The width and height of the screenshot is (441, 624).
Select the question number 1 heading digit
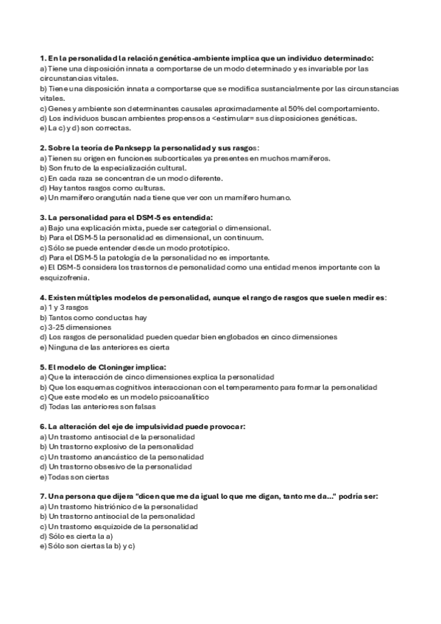coord(41,57)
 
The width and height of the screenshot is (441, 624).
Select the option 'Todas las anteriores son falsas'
coord(89,406)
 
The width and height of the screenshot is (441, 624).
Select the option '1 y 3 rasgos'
coord(60,308)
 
